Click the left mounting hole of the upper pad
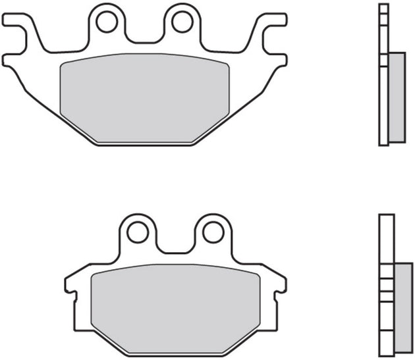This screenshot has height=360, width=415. [x=106, y=22]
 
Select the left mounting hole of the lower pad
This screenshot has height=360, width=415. [x=138, y=232]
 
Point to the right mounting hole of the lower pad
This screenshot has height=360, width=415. [x=212, y=232]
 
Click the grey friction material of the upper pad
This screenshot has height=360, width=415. [x=144, y=95]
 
